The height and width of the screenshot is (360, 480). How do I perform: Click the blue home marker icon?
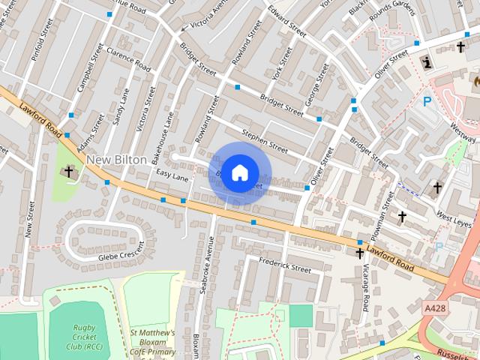point(239,172)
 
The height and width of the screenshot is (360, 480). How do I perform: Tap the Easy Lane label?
point(172,175)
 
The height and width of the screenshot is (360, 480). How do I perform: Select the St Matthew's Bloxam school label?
point(152,342)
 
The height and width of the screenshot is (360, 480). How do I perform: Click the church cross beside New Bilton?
point(69,172)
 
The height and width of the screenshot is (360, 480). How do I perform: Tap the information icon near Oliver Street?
point(427,61)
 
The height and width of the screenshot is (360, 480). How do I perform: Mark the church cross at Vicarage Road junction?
point(359,253)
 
